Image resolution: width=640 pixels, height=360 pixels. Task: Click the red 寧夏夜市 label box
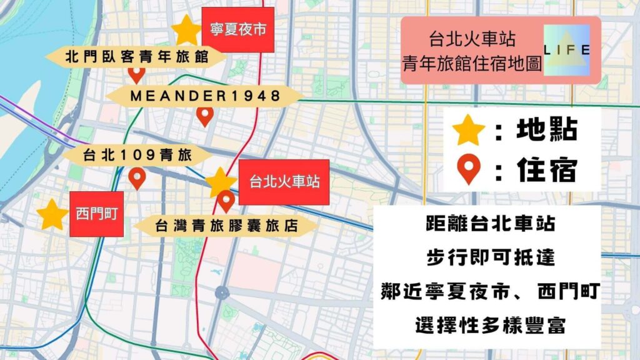click(238, 30)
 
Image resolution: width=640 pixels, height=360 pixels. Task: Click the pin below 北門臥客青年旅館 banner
click(136, 75)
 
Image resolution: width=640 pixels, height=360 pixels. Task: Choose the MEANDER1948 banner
click(204, 96)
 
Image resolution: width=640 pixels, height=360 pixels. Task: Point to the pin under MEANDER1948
click(204, 116)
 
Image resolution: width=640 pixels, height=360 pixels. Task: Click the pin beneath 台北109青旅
click(137, 179)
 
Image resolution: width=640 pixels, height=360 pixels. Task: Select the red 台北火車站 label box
click(284, 182)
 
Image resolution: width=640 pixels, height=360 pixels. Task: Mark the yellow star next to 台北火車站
click(221, 182)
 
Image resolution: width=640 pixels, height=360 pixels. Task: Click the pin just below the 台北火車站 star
click(226, 201)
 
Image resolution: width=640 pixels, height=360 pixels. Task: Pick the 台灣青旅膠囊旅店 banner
click(226, 226)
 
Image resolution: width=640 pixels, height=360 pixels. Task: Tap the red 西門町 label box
click(95, 214)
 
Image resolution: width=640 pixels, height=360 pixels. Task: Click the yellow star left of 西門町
click(52, 214)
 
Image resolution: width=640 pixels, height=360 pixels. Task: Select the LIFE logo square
click(567, 50)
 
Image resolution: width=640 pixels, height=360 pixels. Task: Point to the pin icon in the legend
click(469, 169)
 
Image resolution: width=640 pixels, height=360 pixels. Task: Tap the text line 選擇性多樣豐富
click(487, 325)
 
